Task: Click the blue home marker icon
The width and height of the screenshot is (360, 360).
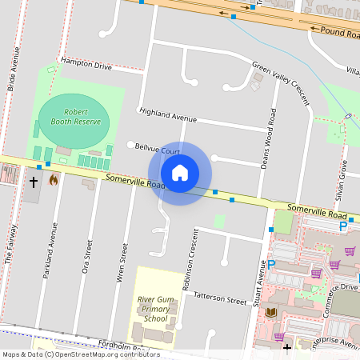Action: pyautogui.click(x=180, y=173)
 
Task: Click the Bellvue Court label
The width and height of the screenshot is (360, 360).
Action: pyautogui.click(x=158, y=150)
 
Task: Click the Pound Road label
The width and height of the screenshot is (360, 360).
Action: pyautogui.click(x=338, y=30)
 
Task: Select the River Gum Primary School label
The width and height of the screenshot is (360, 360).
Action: pyautogui.click(x=154, y=307)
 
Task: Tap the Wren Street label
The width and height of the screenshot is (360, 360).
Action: pyautogui.click(x=124, y=259)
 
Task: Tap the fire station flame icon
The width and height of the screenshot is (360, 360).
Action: pyautogui.click(x=54, y=180)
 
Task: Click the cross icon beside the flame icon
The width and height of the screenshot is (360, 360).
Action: pyautogui.click(x=34, y=182)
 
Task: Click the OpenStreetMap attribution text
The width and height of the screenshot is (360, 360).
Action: pyautogui.click(x=81, y=354)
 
